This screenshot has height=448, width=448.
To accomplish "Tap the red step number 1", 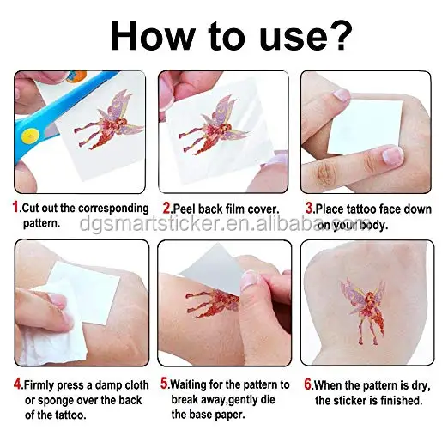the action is pyautogui.click(x=15, y=207).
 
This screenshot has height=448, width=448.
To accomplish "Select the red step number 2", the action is pyautogui.click(x=166, y=208).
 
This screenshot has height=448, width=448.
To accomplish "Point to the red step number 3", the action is pyautogui.click(x=309, y=208).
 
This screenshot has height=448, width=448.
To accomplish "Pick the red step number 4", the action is pyautogui.click(x=17, y=384).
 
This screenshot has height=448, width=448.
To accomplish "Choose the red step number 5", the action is pyautogui.click(x=164, y=384).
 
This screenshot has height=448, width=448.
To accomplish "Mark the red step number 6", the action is pyautogui.click(x=307, y=384).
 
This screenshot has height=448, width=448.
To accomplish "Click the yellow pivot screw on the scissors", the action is pyautogui.click(x=28, y=136).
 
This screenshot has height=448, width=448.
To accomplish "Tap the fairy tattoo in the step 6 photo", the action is pyautogui.click(x=363, y=311).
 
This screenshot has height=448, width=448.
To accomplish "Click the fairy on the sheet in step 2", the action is pyautogui.click(x=214, y=126).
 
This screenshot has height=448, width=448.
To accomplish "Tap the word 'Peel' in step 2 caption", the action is pyautogui.click(x=185, y=209).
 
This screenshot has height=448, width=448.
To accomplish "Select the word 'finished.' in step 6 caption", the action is pyautogui.click(x=401, y=401).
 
